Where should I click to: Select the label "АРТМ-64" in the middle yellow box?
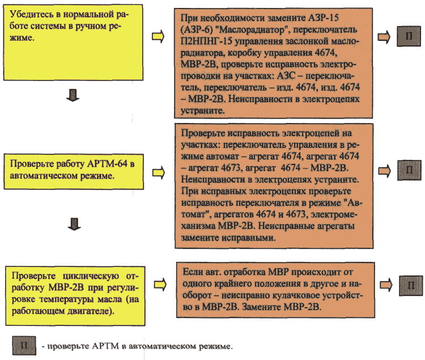point(107,164)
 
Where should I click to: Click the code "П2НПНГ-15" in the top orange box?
point(206,41)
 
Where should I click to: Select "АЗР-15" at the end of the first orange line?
point(324,18)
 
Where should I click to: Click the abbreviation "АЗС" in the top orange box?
point(286,75)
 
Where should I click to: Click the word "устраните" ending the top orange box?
point(202,111)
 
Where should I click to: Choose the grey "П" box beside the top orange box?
point(409,36)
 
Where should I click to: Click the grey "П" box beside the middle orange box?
point(409,170)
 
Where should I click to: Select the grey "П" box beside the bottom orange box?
point(411,286)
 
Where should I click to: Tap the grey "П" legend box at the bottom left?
point(24,345)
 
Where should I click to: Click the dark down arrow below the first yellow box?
point(73,95)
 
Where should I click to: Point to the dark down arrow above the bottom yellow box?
point(74,224)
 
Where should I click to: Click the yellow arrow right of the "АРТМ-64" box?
point(159,173)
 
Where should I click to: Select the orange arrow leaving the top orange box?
point(384,37)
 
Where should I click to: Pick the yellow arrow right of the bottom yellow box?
point(160,285)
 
